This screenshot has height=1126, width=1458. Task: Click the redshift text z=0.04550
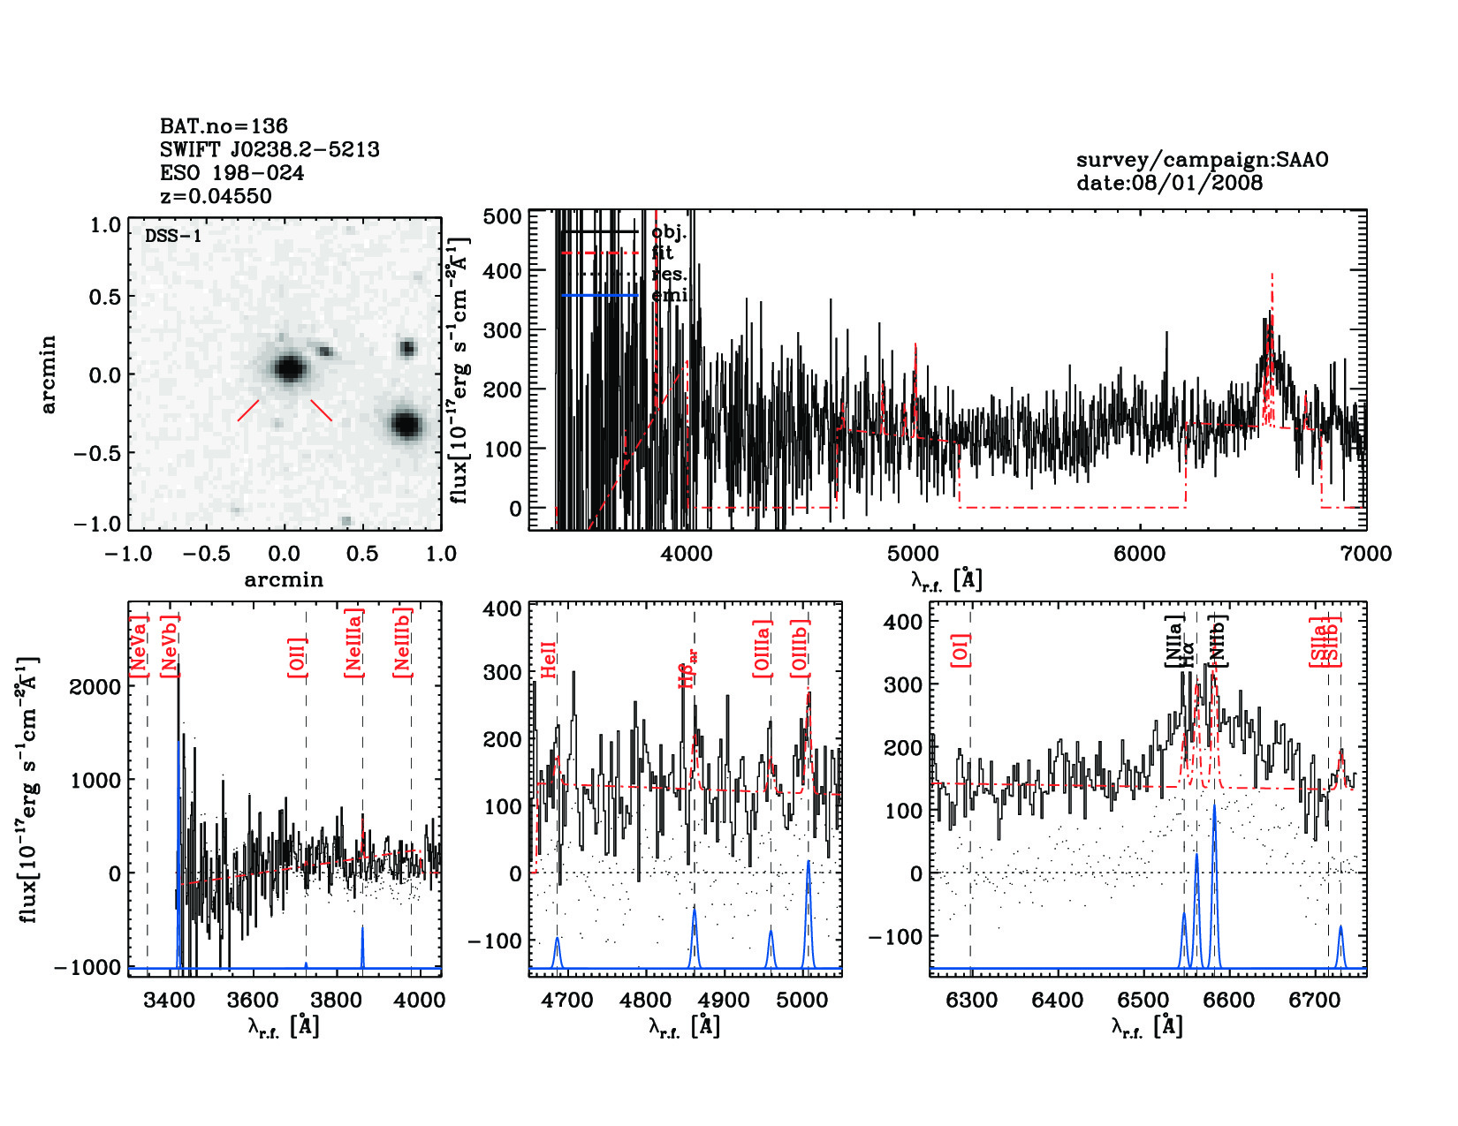point(216,196)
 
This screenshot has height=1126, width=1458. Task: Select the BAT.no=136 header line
point(224,126)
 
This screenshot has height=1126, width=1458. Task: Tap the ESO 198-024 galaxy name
point(232,173)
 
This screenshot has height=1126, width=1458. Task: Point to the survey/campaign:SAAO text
point(1202,160)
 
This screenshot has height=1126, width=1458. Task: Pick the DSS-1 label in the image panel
point(173,237)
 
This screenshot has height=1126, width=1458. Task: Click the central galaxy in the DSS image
point(288,368)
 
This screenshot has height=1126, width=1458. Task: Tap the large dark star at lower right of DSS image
point(406,425)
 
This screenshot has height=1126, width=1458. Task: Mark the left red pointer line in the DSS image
point(248,411)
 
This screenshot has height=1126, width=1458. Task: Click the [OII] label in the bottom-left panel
point(298,657)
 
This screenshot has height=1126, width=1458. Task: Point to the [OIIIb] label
point(801,649)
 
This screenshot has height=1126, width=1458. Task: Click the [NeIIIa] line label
point(354,643)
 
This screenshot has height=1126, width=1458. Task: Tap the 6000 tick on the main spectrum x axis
point(1139,554)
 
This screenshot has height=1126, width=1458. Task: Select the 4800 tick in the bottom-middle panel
point(647,1001)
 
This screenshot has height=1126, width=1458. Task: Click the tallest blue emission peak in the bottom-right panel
point(1214,805)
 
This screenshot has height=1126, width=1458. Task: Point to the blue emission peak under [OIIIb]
point(808,863)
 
